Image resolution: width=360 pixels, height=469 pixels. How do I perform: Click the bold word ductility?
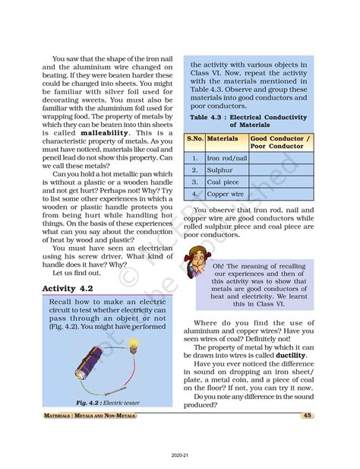click(291, 355)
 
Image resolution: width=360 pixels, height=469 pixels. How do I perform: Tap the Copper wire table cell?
click(226, 195)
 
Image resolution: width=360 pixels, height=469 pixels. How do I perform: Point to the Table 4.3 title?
click(248, 122)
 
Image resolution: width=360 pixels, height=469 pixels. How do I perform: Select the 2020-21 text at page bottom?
click(180, 454)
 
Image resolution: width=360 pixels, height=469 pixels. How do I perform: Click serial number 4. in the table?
click(195, 195)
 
